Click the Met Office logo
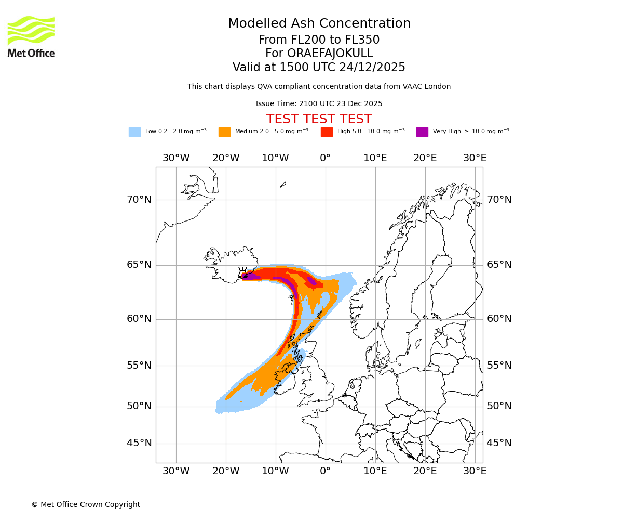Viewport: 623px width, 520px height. [x=31, y=37]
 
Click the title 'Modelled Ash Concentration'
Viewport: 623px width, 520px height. [x=319, y=24]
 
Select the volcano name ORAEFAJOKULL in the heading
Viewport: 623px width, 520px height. [x=319, y=54]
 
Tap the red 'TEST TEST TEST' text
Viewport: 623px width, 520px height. [x=319, y=119]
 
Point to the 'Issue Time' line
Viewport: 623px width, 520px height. [x=319, y=103]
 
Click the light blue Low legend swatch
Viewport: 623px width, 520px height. [x=134, y=132]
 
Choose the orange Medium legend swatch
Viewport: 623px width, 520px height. [x=224, y=132]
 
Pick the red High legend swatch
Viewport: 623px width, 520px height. [x=327, y=132]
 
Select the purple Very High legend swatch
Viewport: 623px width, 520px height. [x=422, y=132]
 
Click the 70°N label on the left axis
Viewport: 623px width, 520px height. [x=139, y=200]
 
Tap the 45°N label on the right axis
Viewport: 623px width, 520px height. [x=499, y=443]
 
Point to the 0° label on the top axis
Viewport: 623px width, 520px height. [x=325, y=158]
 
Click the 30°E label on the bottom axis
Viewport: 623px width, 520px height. [x=475, y=471]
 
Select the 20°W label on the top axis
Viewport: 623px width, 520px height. [x=226, y=158]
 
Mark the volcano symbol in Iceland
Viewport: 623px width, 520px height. [x=242, y=273]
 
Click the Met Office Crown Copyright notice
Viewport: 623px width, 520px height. [x=86, y=504]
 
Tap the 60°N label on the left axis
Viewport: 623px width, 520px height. [x=139, y=319]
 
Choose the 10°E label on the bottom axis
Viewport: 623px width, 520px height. [x=375, y=471]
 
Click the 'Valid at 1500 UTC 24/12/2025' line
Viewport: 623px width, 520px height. [x=319, y=68]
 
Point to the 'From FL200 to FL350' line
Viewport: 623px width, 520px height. [x=319, y=40]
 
